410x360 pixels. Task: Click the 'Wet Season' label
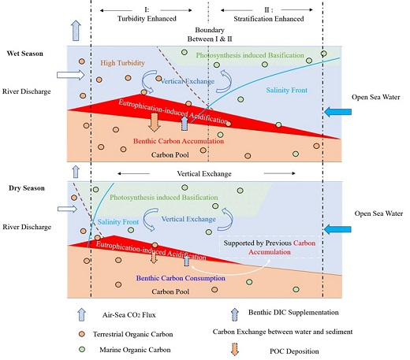pyautogui.click(x=25, y=54)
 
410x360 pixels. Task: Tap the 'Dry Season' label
pyautogui.click(x=27, y=188)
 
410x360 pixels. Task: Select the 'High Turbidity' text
pyautogui.click(x=122, y=63)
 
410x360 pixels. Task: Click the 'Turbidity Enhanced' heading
pyautogui.click(x=147, y=19)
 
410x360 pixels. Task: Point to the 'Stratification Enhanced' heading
pyautogui.click(x=269, y=19)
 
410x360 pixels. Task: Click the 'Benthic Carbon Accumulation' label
pyautogui.click(x=178, y=141)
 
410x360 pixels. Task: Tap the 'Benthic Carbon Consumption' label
pyautogui.click(x=181, y=278)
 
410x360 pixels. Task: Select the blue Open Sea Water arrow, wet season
pyautogui.click(x=337, y=112)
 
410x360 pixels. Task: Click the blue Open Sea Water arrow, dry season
pyautogui.click(x=337, y=229)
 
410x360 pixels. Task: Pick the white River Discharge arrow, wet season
pyautogui.click(x=71, y=75)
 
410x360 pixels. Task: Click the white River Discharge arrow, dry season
pyautogui.click(x=67, y=209)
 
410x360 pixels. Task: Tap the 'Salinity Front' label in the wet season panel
pyautogui.click(x=287, y=91)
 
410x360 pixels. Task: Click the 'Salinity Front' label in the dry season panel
pyautogui.click(x=118, y=222)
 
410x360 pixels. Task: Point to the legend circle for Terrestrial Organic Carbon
pyautogui.click(x=82, y=334)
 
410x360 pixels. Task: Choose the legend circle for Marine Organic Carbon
pyautogui.click(x=82, y=350)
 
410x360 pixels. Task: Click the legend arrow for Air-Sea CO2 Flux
pyautogui.click(x=82, y=314)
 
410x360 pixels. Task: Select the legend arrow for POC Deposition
pyautogui.click(x=235, y=349)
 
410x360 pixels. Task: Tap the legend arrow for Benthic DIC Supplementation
pyautogui.click(x=235, y=314)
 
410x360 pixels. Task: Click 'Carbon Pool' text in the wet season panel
pyautogui.click(x=170, y=155)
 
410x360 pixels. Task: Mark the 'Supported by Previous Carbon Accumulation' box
pyautogui.click(x=270, y=247)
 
